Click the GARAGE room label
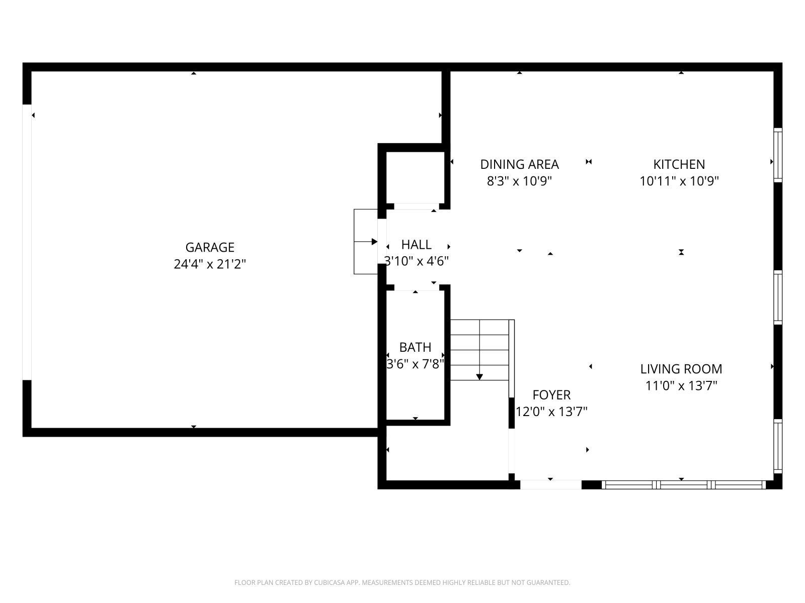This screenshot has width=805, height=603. pyautogui.click(x=210, y=248)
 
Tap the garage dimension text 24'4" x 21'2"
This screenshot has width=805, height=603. pyautogui.click(x=210, y=264)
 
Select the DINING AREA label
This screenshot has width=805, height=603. pyautogui.click(x=519, y=164)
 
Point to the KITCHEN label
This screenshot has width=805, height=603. pyautogui.click(x=679, y=164)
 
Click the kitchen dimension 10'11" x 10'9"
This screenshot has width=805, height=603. pyautogui.click(x=679, y=181)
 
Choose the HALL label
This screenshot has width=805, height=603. pyautogui.click(x=416, y=245)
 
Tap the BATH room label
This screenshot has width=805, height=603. pyautogui.click(x=415, y=347)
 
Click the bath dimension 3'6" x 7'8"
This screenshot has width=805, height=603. pyautogui.click(x=416, y=364)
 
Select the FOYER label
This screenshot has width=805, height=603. pyautogui.click(x=551, y=395)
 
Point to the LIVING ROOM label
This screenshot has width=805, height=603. pyautogui.click(x=681, y=369)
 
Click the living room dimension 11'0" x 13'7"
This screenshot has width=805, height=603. pyautogui.click(x=681, y=385)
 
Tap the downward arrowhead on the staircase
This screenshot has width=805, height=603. pyautogui.click(x=479, y=377)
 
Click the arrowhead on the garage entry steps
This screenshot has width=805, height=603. pyautogui.click(x=374, y=242)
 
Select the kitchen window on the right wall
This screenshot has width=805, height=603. pyautogui.click(x=778, y=155)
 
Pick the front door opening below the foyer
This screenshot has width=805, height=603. pyautogui.click(x=550, y=485)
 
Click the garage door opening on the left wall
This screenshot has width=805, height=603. pyautogui.click(x=27, y=242)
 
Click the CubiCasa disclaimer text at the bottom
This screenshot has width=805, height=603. pyautogui.click(x=403, y=582)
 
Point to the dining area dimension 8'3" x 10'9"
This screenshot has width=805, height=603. pyautogui.click(x=519, y=181)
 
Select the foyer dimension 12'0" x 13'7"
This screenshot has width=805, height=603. pyautogui.click(x=551, y=412)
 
